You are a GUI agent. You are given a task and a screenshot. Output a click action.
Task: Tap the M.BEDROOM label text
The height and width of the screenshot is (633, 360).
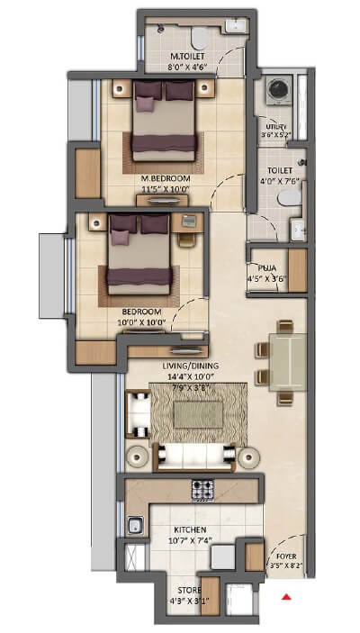[162, 178]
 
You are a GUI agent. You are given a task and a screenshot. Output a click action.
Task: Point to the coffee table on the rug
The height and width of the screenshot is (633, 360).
[192, 413]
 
